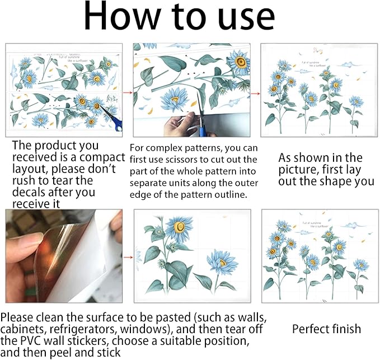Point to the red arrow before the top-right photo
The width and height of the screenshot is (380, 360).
point(255,92)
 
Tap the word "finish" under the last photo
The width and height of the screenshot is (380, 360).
point(346,329)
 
